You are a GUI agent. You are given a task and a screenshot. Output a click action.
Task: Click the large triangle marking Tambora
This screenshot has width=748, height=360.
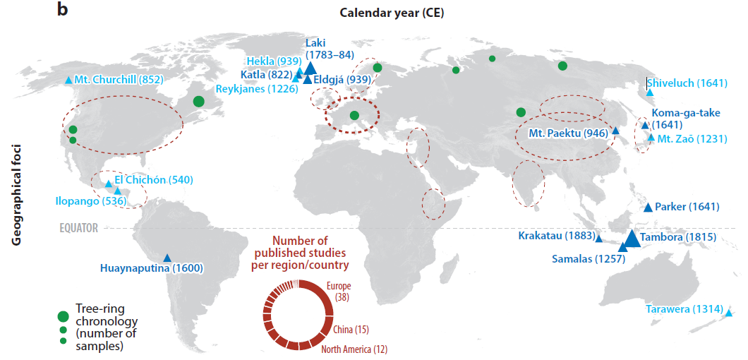click(x=632, y=239)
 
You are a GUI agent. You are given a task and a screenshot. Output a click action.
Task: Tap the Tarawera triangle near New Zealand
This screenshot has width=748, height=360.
click(x=728, y=313)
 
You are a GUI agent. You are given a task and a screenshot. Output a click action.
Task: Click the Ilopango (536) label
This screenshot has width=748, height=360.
click(x=83, y=201)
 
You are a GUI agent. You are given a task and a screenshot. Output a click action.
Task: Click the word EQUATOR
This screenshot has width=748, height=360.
click(x=78, y=228)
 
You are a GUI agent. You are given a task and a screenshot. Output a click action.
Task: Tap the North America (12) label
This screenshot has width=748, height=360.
click(x=354, y=349)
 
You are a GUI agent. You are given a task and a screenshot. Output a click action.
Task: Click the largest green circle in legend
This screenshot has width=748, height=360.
click(x=64, y=315)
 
